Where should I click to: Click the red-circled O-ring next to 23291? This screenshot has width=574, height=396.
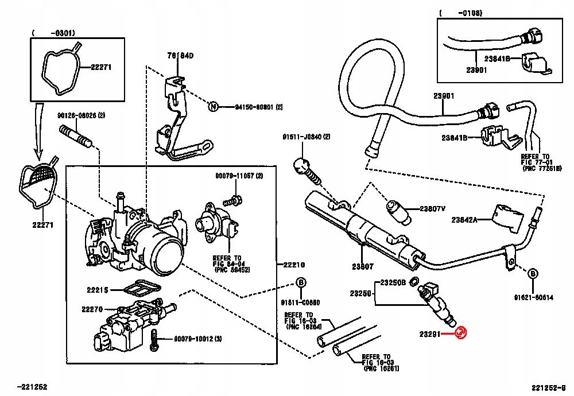point(460,332)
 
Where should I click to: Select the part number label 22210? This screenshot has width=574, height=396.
point(293,265)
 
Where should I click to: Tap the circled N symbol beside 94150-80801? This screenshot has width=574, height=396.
point(213,106)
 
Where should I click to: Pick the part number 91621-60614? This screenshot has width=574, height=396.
point(533,297)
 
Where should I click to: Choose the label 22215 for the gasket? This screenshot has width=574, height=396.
point(98,290)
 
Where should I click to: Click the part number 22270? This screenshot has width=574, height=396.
point(92,309)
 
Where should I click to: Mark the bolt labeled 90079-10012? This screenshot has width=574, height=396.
point(154,340)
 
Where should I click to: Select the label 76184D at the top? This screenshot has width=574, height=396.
point(180,56)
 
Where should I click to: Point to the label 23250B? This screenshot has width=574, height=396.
point(393,282)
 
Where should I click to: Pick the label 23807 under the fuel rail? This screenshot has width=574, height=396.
point(362,266)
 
